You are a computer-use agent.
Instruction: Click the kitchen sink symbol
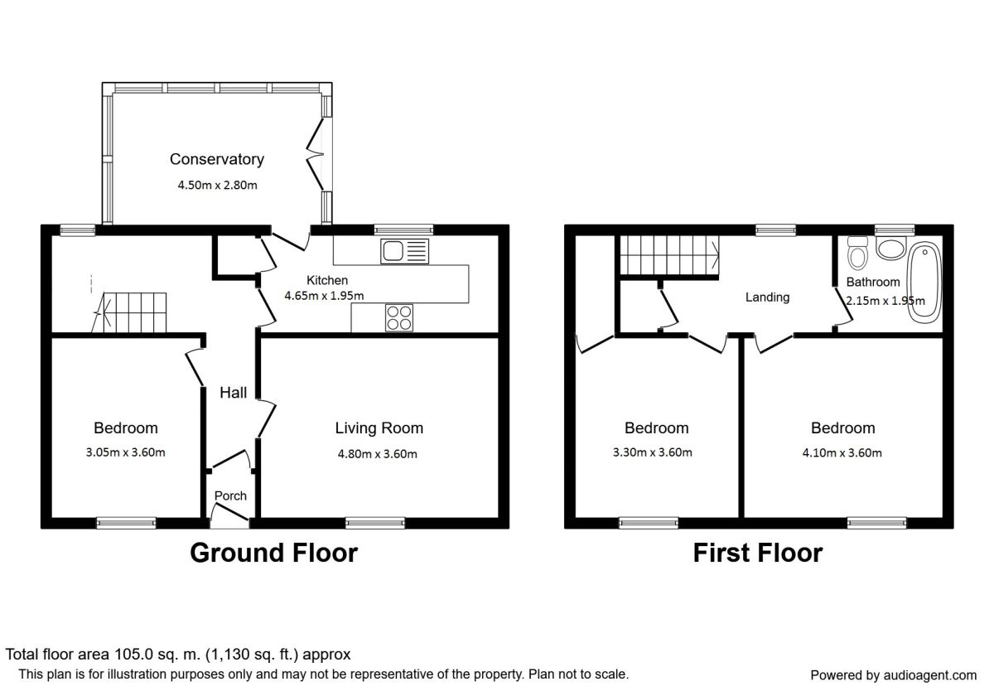(x=404, y=251)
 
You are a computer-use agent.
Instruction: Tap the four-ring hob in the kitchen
(x=399, y=318)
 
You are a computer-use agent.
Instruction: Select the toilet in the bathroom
(x=857, y=253)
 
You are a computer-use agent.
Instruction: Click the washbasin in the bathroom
(x=891, y=248)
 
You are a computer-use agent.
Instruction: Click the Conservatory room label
(x=217, y=159)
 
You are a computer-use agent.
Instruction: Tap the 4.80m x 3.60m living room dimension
(x=377, y=454)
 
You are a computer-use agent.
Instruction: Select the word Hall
(x=234, y=393)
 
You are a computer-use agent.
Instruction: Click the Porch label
(x=230, y=495)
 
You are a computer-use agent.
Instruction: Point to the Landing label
(x=767, y=297)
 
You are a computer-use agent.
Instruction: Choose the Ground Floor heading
(x=274, y=553)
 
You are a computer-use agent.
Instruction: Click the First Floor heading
(x=758, y=553)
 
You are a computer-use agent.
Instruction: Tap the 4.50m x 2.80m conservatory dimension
(x=217, y=185)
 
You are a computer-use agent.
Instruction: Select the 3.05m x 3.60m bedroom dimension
(x=125, y=452)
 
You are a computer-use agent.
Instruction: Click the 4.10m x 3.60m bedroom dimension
(x=842, y=452)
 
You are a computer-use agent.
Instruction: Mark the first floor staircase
(x=669, y=255)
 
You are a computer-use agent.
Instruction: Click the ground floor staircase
(x=129, y=312)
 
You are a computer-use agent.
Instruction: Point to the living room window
(x=375, y=523)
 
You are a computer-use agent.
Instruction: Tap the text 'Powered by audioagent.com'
(x=893, y=675)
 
